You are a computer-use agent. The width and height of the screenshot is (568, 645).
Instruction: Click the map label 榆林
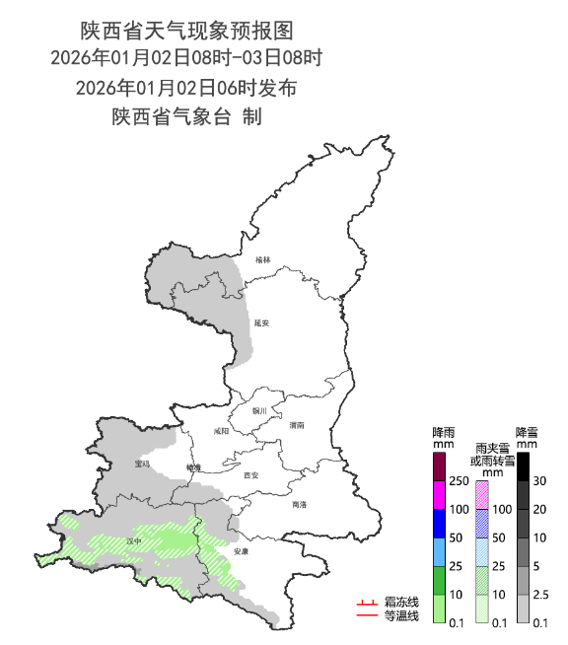[261, 260]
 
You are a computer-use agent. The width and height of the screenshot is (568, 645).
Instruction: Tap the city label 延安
[261, 322]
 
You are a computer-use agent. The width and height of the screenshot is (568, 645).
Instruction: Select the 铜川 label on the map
[259, 410]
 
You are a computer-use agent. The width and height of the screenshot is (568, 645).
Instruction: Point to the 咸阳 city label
[221, 431]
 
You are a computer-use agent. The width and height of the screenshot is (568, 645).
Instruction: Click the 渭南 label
[298, 425]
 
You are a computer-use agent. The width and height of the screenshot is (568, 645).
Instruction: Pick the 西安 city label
[250, 475]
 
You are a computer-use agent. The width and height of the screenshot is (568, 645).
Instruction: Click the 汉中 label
[134, 541]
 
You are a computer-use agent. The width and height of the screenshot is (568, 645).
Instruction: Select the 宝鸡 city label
[143, 464]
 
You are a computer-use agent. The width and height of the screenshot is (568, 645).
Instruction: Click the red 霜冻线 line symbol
[367, 602]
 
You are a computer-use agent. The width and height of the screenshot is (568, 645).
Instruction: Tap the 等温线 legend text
[401, 616]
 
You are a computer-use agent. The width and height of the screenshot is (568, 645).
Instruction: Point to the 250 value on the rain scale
[459, 481]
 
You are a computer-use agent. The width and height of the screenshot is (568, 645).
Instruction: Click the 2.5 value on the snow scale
[540, 595]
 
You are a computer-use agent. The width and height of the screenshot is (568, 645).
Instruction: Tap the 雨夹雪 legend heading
[494, 449]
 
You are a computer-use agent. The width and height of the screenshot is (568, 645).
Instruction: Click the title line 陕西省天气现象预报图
[186, 33]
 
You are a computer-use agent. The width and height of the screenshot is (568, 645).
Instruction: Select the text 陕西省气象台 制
[186, 116]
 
